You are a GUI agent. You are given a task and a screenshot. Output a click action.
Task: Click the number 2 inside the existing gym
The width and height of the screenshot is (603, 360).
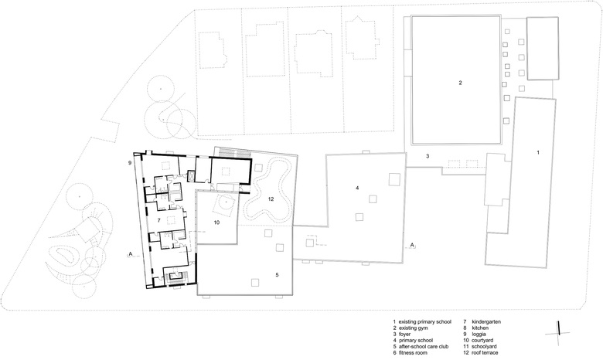click(460, 83)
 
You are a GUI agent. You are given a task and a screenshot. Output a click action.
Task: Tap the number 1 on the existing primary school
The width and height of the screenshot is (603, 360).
click(538, 152)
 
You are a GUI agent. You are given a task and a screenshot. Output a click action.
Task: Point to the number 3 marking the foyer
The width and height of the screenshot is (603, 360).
click(428, 156)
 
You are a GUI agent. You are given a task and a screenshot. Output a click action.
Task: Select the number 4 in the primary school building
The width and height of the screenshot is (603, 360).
click(357, 188)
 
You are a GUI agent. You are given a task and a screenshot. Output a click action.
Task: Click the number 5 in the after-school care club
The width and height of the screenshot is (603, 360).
click(277, 275)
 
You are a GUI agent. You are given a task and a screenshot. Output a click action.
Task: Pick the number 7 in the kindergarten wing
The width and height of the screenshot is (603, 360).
click(158, 220)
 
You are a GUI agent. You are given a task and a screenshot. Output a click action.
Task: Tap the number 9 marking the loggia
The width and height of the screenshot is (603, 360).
click(130, 163)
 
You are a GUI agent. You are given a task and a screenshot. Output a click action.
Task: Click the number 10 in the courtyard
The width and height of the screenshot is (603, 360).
click(216, 222)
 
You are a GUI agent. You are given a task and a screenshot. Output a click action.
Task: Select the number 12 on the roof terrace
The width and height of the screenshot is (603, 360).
click(271, 199)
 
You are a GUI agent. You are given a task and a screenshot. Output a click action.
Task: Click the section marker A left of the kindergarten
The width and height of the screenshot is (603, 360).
click(131, 253)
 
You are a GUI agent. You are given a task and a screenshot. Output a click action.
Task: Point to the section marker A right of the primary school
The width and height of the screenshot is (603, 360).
click(412, 245)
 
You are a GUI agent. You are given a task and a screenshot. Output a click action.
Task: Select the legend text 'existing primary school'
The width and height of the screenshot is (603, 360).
click(424, 322)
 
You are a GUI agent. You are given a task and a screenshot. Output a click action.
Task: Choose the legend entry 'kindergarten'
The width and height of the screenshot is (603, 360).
click(486, 322)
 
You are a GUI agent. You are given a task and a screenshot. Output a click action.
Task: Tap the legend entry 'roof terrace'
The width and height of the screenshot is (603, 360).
click(485, 353)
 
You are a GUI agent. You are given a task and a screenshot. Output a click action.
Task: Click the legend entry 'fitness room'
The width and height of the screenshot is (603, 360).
click(413, 353)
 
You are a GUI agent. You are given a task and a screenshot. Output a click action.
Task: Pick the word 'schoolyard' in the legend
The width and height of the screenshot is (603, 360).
click(484, 347)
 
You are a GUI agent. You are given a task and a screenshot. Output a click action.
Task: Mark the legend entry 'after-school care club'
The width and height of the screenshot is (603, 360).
click(424, 347)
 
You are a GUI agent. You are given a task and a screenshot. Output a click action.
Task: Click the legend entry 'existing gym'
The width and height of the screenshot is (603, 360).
click(413, 328)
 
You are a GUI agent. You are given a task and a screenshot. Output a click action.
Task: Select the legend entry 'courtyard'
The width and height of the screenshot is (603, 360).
click(482, 341)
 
